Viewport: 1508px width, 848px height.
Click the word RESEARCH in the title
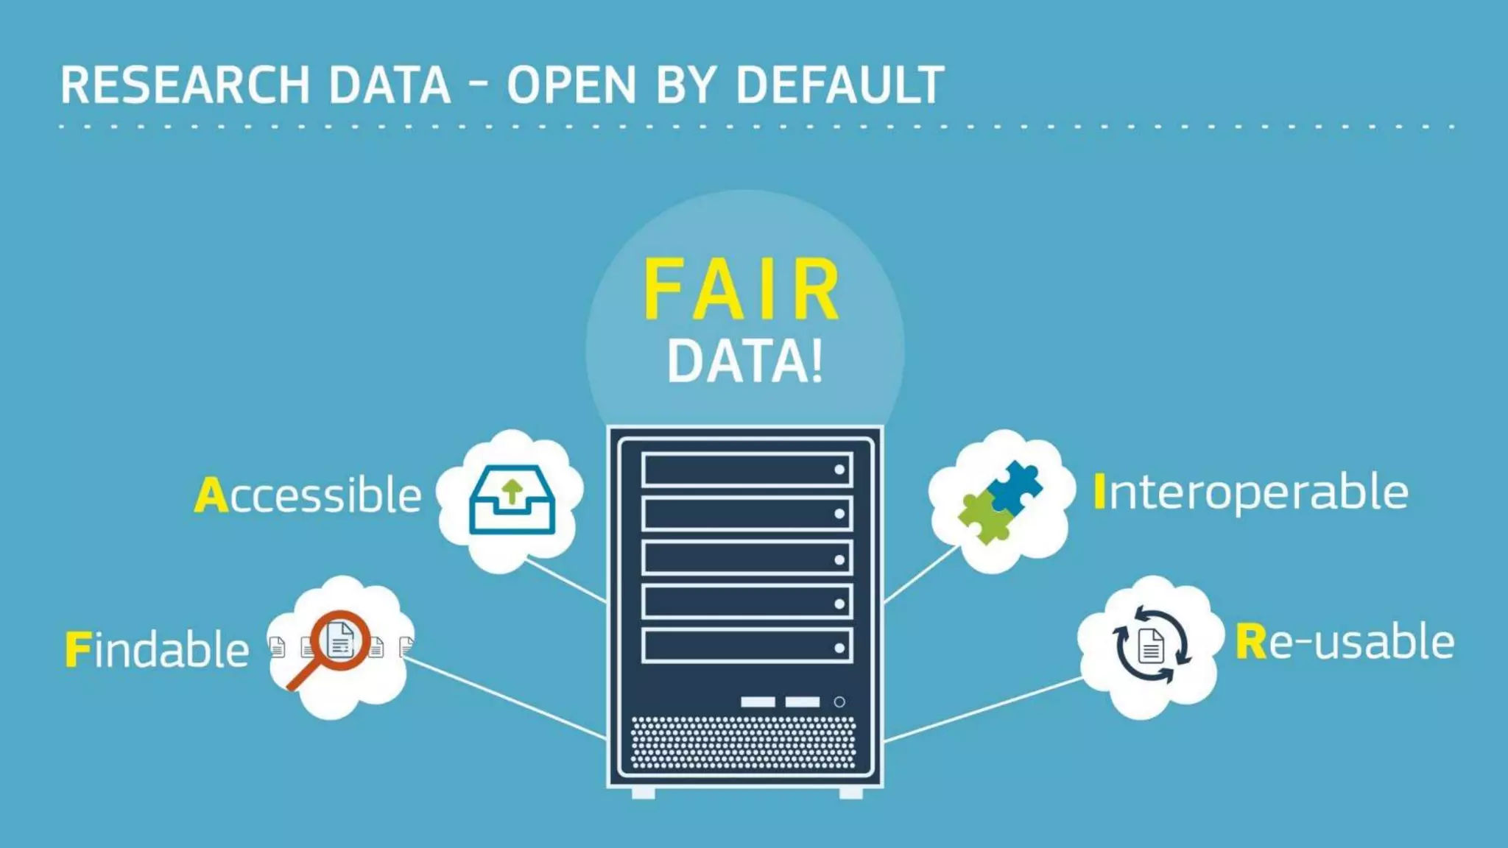[x=185, y=85]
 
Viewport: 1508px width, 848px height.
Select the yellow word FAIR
[x=742, y=290]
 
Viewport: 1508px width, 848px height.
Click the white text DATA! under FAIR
[x=744, y=361]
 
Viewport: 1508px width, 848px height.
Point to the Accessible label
[x=309, y=495]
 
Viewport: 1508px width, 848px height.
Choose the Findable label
[x=158, y=649]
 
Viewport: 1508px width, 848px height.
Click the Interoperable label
[x=1251, y=492]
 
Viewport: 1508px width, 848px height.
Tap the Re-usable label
[x=1345, y=642]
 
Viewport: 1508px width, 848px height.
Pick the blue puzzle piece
[x=1016, y=486]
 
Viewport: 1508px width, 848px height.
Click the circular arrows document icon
[x=1151, y=646]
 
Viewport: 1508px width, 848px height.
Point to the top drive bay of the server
[x=747, y=470]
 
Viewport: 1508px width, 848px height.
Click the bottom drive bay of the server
[x=747, y=646]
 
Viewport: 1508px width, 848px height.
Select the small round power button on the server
[x=839, y=702]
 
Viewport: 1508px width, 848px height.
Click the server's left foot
[x=643, y=793]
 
